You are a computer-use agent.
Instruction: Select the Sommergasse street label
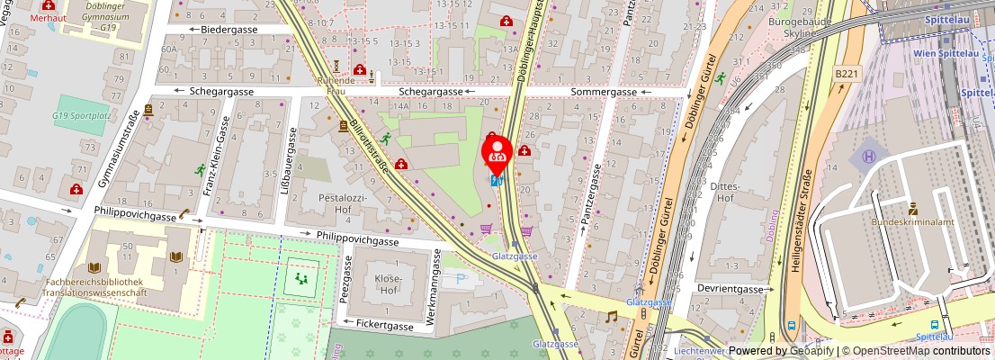603,92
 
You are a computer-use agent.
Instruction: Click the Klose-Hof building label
388,284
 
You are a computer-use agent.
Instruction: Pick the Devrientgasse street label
735,289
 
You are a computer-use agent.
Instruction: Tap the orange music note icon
612,317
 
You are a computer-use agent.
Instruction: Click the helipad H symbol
869,157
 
